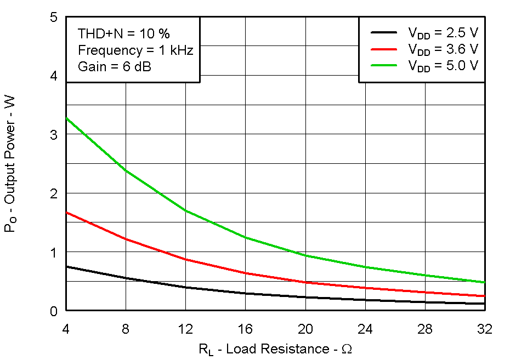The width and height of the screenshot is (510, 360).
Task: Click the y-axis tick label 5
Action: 54,17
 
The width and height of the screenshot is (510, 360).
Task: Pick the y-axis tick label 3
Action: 54,135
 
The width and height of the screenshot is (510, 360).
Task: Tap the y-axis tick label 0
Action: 54,311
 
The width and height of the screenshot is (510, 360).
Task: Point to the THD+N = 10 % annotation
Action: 124,33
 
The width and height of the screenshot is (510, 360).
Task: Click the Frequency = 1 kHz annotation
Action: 135,50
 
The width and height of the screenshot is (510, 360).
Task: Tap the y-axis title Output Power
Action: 10,164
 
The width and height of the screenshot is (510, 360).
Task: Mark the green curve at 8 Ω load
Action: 126,170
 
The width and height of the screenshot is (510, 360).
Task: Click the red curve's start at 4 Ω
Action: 66,212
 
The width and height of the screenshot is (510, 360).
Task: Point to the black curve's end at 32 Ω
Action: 484,304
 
